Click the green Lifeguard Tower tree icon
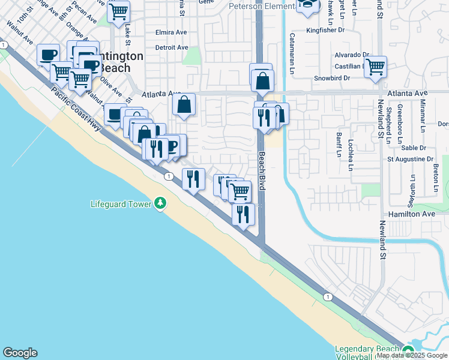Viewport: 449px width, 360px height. pyautogui.click(x=160, y=204)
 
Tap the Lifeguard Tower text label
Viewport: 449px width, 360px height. pyautogui.click(x=121, y=204)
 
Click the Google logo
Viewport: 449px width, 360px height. pyautogui.click(x=20, y=353)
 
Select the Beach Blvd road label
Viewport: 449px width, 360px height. pyautogui.click(x=262, y=171)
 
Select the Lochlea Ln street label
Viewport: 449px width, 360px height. pyautogui.click(x=351, y=155)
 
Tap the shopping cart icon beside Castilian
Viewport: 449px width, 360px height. pyautogui.click(x=375, y=67)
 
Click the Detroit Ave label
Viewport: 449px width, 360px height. pyautogui.click(x=172, y=47)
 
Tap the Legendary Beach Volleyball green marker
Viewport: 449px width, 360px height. pyautogui.click(x=409, y=352)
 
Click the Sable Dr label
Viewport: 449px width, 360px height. pyautogui.click(x=414, y=148)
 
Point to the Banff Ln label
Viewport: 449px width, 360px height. pyautogui.click(x=339, y=145)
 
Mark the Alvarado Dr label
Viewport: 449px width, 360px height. pyautogui.click(x=351, y=54)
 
